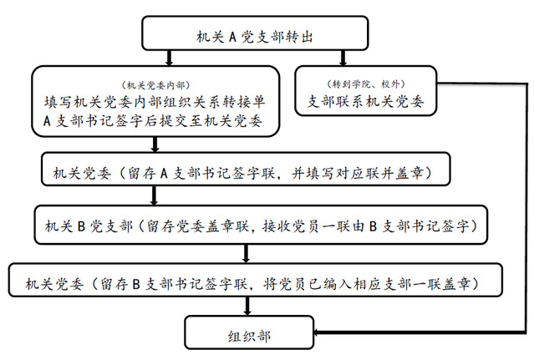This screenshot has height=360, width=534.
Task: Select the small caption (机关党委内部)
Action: [155, 85]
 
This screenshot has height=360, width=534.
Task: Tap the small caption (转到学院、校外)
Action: [366, 84]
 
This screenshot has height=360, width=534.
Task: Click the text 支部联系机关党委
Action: [366, 101]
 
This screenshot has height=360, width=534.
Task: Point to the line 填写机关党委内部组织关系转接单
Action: [155, 102]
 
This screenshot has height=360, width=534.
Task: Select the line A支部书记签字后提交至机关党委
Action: [153, 121]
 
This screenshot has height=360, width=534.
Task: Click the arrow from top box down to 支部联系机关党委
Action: [343, 58]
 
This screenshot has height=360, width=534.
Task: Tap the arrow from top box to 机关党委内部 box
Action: [170, 58]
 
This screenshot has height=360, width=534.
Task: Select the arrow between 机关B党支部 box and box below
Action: [246, 253]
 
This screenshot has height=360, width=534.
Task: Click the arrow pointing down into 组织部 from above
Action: [247, 306]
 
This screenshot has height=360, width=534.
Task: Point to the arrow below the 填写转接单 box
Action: [155, 145]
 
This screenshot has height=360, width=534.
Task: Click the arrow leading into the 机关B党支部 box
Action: [154, 195]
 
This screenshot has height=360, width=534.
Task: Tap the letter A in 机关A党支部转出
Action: [232, 37]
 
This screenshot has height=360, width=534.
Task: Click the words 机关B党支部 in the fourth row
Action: [89, 226]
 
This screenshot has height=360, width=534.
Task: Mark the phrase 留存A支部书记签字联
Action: [201, 173]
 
